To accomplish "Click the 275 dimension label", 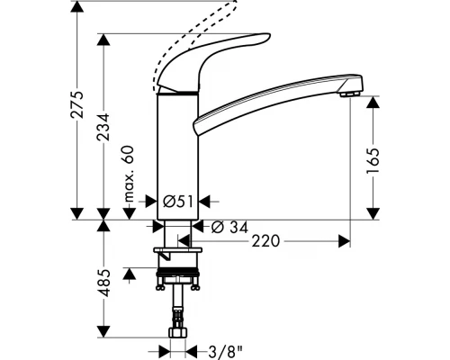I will tap(78, 107).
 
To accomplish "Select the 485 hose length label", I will tap(106, 282).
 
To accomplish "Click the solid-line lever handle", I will tap(225, 49).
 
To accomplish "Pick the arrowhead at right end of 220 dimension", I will tap(344, 241).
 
